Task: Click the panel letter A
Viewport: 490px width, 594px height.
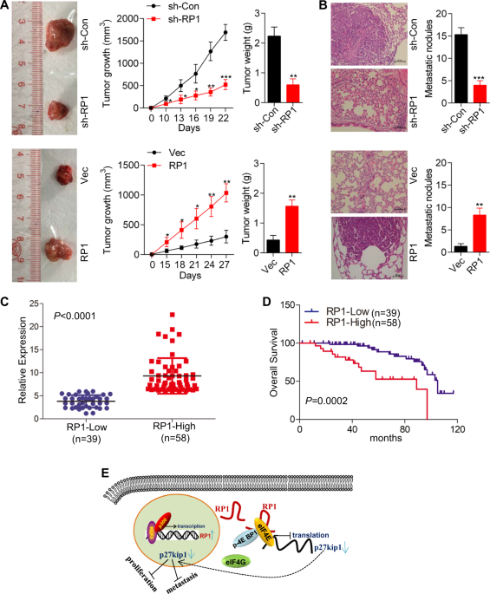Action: click(7, 7)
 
